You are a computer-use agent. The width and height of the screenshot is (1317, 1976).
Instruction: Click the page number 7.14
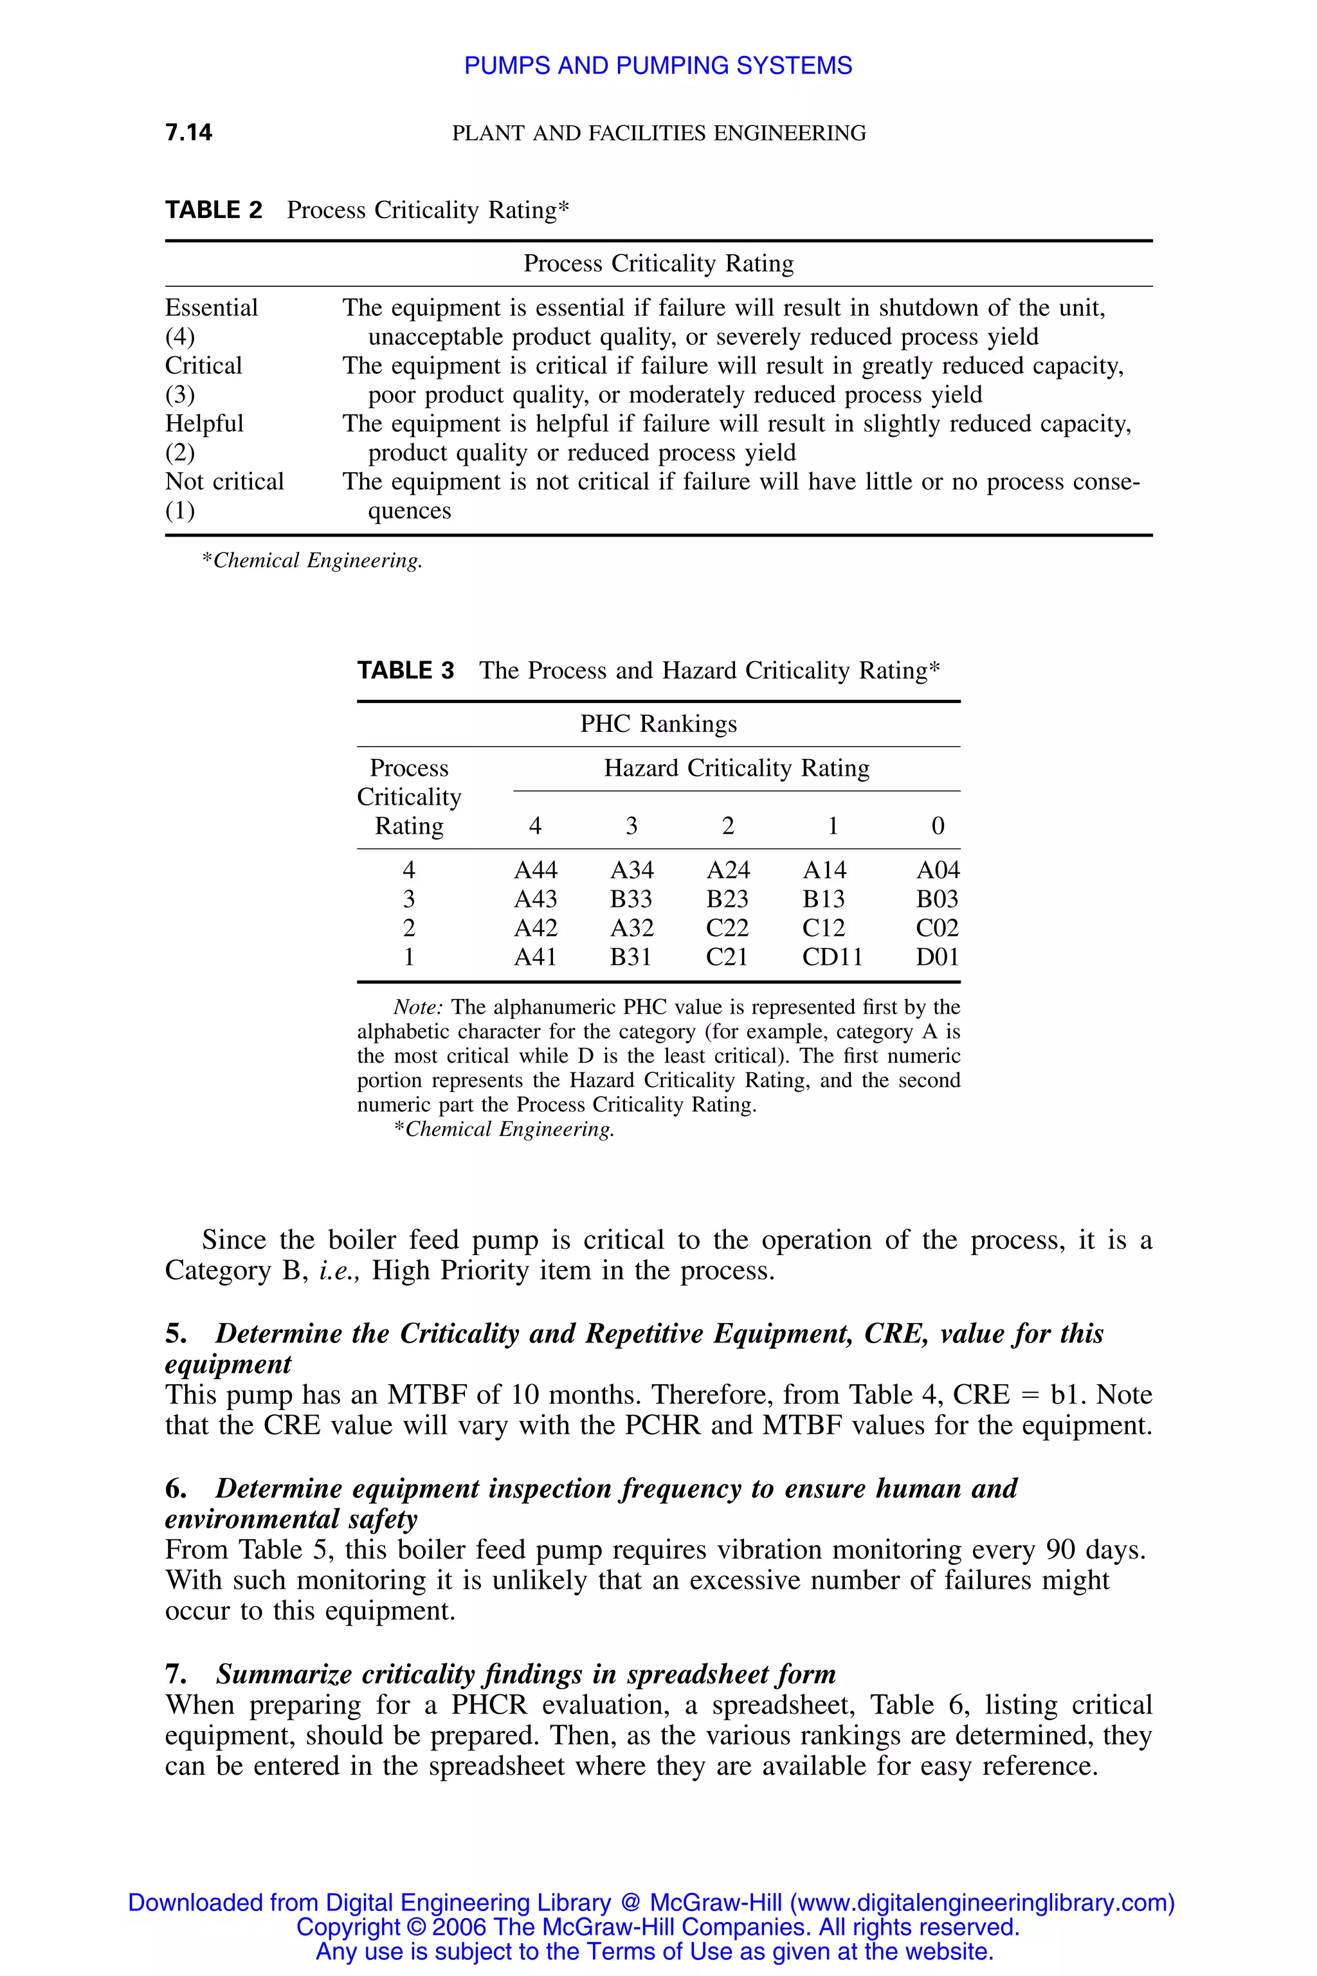coord(188,132)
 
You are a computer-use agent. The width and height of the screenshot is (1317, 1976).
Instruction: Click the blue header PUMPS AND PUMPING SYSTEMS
coord(658,66)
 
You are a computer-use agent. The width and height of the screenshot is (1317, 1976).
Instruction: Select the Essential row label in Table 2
coord(211,307)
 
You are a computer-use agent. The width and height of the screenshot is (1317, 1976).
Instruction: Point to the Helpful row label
coord(204,423)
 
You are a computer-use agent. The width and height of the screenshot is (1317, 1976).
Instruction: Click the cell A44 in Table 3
coord(535,870)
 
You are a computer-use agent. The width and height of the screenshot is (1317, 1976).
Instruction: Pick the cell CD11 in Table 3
coord(831,957)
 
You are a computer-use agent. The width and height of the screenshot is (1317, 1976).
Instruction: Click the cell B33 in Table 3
coord(631,899)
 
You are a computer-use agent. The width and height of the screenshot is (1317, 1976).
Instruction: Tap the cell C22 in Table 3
coord(727,928)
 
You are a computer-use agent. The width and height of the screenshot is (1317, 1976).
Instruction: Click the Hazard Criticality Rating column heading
coord(736,768)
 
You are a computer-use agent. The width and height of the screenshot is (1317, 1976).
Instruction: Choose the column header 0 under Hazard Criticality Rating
coord(938,826)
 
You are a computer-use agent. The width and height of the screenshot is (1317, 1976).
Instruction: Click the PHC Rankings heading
coord(658,724)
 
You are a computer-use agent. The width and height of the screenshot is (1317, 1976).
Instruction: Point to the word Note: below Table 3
coord(418,1007)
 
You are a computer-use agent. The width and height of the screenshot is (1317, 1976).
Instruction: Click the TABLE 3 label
coord(406,670)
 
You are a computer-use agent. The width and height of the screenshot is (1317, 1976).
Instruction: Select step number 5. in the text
coord(176,1334)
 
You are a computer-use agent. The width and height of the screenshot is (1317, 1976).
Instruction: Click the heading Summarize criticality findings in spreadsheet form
coord(526,1674)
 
